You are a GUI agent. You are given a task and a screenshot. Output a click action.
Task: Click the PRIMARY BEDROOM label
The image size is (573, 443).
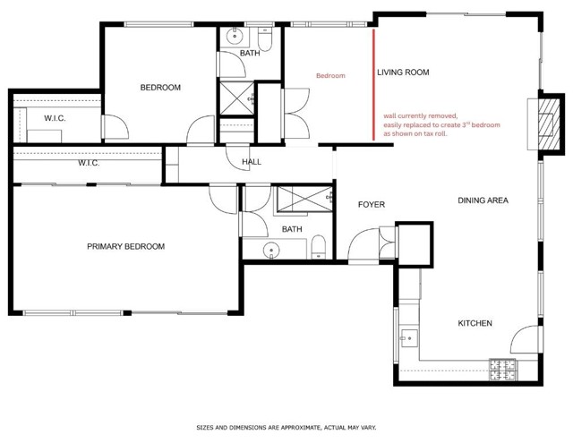[x=125, y=246]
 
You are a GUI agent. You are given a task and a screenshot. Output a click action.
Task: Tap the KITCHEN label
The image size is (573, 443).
[x=474, y=323]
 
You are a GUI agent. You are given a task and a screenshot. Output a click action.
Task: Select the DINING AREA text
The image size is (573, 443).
[x=483, y=200]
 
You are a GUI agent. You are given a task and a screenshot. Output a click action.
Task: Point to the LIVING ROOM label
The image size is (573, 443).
[x=402, y=72]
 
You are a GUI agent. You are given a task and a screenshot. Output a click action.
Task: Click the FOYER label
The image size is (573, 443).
[x=371, y=205]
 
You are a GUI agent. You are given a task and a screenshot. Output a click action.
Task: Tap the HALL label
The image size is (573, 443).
[x=252, y=162]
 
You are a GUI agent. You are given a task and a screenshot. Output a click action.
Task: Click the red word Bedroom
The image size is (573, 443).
[x=330, y=76]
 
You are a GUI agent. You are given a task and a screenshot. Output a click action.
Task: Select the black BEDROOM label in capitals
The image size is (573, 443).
[x=160, y=88]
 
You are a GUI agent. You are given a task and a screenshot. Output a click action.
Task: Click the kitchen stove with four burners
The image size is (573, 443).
[x=501, y=366]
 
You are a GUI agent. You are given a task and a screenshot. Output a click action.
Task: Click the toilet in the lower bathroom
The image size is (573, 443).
[x=318, y=249]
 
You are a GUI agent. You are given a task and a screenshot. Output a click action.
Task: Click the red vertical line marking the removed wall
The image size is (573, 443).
[x=373, y=85]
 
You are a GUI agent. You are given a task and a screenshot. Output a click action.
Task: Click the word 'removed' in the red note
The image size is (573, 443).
[x=443, y=116]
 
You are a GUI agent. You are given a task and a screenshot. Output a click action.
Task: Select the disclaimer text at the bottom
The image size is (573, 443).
[x=286, y=428]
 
